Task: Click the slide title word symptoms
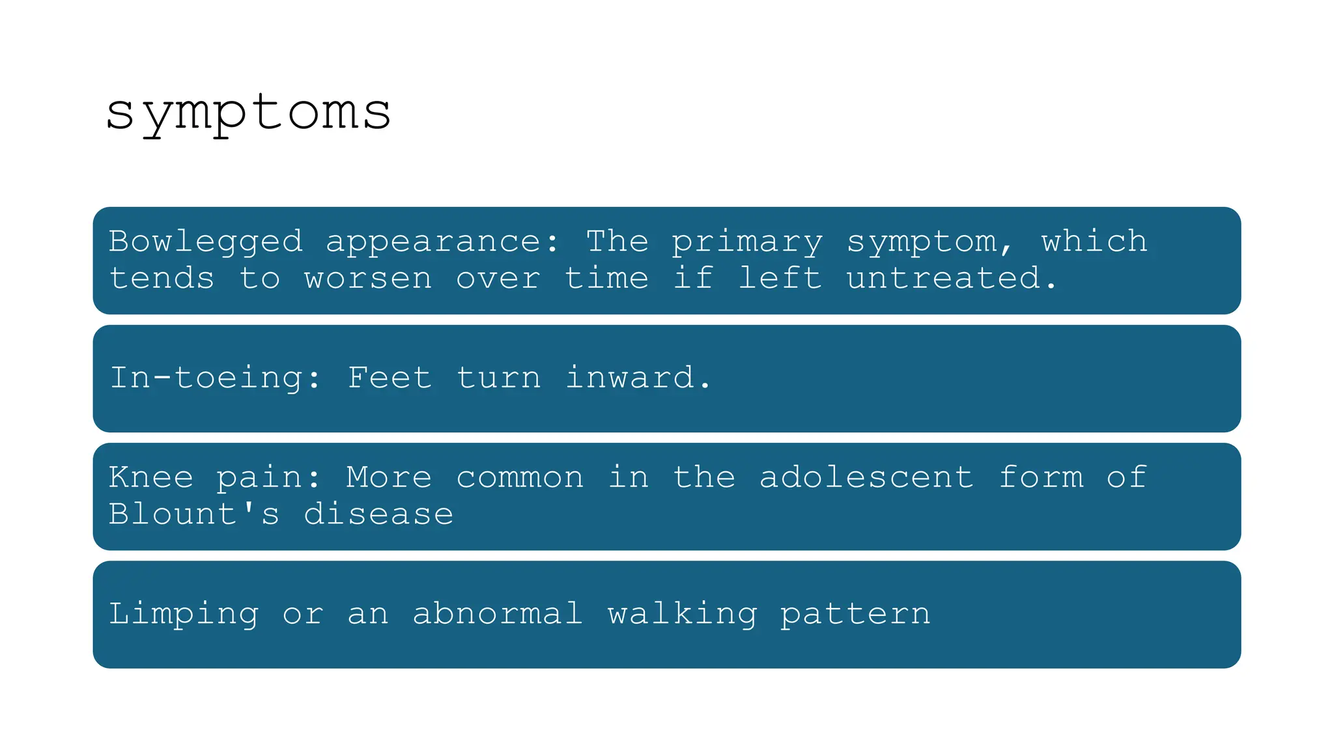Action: (x=248, y=113)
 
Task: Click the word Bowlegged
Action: (x=206, y=242)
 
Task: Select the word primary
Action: (x=747, y=242)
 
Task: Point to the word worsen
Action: (x=368, y=279)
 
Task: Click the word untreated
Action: (x=950, y=279)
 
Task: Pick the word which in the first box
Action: (x=1094, y=241)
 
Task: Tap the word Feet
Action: (x=390, y=378)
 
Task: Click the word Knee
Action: (x=151, y=477)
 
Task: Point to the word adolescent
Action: (x=866, y=477)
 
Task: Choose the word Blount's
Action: (x=194, y=514)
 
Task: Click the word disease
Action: (x=378, y=514)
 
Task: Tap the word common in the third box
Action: (x=520, y=477)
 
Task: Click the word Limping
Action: (x=184, y=614)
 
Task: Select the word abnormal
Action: (x=498, y=613)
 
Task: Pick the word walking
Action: (x=683, y=614)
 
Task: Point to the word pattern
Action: (x=855, y=614)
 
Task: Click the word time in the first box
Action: (x=606, y=279)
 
